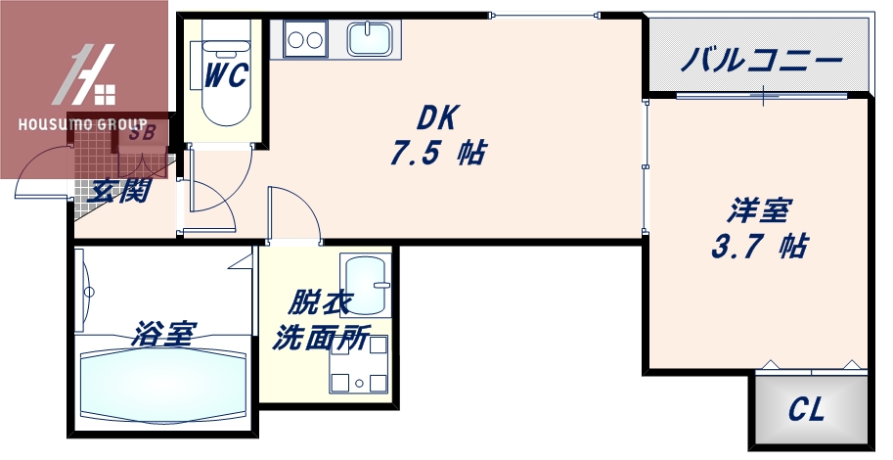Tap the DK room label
click(x=438, y=117)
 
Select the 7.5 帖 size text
click(x=438, y=154)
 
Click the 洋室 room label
click(x=759, y=210)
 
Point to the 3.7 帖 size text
click(x=759, y=247)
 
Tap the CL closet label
click(x=807, y=410)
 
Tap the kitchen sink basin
click(x=370, y=40)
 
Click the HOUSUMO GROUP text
click(x=82, y=125)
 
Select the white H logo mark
click(x=88, y=75)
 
